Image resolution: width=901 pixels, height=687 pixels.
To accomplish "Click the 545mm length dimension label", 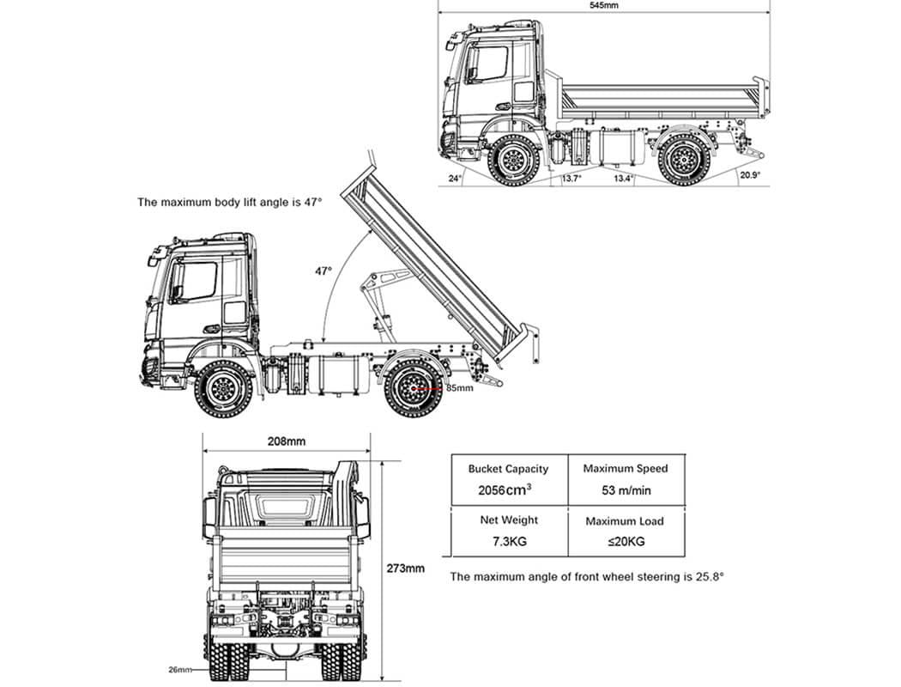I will click(604, 5).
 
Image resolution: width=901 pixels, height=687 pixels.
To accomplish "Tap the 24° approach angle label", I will click(455, 179).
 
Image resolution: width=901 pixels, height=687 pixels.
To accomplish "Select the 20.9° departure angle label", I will click(750, 175).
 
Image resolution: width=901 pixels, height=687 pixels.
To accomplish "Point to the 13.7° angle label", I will click(572, 179).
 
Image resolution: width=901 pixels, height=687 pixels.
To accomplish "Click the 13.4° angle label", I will click(623, 179).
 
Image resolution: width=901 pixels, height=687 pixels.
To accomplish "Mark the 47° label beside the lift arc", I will click(322, 271).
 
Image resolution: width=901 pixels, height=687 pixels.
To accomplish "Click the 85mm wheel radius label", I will click(459, 387).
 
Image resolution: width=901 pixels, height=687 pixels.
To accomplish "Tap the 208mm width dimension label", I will click(286, 441).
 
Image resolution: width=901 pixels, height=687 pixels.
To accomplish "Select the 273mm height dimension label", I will click(405, 568).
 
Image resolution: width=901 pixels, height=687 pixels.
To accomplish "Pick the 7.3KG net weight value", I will click(508, 542).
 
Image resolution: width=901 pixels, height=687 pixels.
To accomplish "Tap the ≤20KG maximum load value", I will click(625, 542).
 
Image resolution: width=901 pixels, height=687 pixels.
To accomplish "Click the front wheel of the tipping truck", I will click(223, 388).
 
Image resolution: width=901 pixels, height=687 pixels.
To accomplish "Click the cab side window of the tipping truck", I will click(196, 282).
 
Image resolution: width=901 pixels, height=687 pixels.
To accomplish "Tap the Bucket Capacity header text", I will click(508, 469).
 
